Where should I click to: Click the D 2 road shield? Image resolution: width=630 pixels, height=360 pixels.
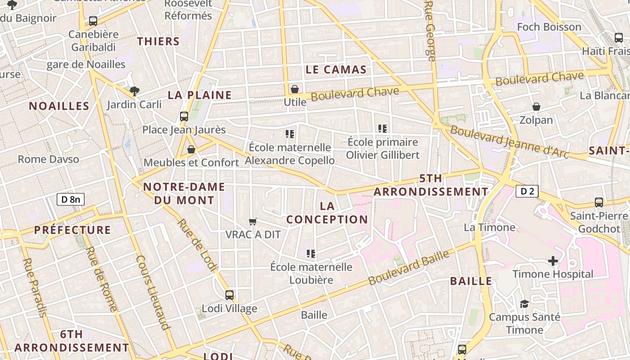tap(527, 191)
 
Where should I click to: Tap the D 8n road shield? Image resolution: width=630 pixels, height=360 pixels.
tap(71, 199)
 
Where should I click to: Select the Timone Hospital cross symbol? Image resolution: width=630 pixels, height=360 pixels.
tap(553, 261)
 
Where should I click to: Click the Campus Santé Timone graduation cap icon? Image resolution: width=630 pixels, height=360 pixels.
tap(524, 304)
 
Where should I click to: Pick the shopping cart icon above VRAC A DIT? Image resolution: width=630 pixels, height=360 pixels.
tap(253, 221)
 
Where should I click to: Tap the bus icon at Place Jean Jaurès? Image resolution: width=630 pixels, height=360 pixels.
tap(184, 117)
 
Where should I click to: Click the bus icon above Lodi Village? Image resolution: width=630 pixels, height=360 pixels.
tap(229, 295)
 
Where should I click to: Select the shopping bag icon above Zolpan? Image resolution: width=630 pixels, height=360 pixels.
tap(536, 107)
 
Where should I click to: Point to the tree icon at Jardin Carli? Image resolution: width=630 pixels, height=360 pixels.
tap(134, 91)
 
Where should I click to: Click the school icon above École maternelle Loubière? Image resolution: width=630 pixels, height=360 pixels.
tap(310, 254)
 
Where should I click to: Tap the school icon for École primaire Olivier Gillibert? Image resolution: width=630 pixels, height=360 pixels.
tap(382, 129)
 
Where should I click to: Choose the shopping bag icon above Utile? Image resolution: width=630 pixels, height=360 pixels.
tap(295, 89)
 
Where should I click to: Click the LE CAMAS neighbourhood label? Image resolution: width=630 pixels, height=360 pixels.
tap(336, 70)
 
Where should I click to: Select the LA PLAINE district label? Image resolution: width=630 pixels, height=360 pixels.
tap(199, 95)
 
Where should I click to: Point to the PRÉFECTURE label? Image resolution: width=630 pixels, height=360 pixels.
tap(72, 230)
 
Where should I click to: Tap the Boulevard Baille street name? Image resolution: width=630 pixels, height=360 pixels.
tap(409, 267)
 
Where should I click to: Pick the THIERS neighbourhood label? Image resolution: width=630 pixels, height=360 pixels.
tap(158, 41)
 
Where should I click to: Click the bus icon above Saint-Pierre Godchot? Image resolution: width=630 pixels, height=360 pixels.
tap(599, 202)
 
